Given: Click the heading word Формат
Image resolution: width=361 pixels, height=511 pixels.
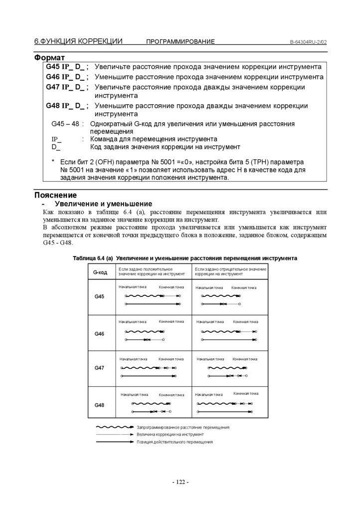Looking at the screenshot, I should tap(49, 58).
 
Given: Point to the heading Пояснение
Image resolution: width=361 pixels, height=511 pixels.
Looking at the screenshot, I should tap(55, 195).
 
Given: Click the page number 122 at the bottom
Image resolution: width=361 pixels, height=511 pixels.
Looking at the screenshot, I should tap(180, 482).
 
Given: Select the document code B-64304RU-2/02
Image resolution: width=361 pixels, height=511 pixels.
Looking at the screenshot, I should tap(308, 42).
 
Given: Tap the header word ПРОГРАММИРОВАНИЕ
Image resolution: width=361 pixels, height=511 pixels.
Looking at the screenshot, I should tap(180, 42).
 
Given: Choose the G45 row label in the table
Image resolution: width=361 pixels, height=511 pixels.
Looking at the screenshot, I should tap(100, 297).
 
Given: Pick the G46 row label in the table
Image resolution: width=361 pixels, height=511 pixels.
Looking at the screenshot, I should tap(100, 333).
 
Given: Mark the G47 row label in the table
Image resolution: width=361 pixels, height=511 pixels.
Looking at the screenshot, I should tap(100, 368).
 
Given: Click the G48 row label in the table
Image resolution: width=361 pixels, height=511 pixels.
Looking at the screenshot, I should tap(100, 405).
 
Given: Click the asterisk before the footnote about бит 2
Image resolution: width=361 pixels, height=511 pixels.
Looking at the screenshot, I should tap(53, 162).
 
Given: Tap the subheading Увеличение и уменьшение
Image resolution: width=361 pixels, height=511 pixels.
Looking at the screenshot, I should tap(103, 204).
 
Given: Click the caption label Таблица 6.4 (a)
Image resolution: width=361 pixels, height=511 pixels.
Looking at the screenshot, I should tap(93, 258).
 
